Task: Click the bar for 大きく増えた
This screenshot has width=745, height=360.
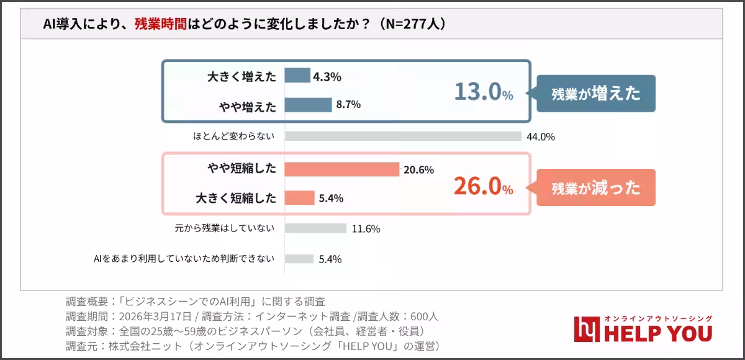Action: click(297, 76)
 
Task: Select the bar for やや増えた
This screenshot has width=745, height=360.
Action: click(309, 105)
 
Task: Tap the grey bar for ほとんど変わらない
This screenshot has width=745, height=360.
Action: click(403, 137)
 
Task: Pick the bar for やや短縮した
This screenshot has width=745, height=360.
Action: click(342, 169)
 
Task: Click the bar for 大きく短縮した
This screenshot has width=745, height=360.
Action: click(300, 198)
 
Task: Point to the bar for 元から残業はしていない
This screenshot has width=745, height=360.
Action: click(315, 228)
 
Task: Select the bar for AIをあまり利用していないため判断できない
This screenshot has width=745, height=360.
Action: click(299, 259)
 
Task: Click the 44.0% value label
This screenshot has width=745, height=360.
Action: click(540, 137)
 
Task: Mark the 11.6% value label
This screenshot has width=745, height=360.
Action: click(366, 228)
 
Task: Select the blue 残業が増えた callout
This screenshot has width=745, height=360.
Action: click(595, 93)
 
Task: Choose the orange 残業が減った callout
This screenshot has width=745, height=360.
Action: click(595, 187)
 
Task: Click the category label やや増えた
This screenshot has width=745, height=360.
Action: click(247, 106)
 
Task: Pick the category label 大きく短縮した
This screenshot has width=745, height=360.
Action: click(235, 199)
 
